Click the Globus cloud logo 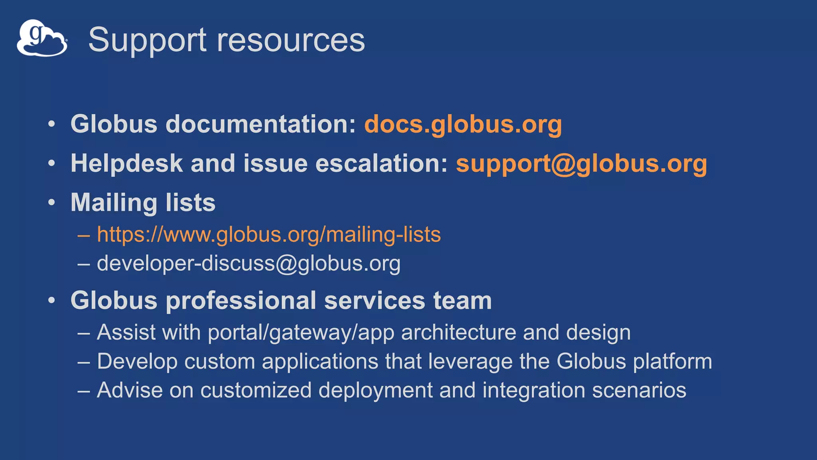point(42,38)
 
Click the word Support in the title point(147,40)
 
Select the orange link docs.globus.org point(463,124)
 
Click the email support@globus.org point(581,163)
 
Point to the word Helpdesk point(126,163)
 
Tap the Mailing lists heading point(143,202)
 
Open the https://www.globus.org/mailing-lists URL point(269,234)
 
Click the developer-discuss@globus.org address point(249,264)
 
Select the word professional point(241,300)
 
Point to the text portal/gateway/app point(301,333)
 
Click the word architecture point(458,333)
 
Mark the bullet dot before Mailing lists point(51,202)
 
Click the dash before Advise point(84,390)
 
